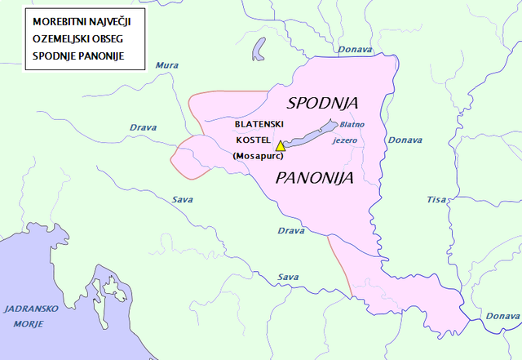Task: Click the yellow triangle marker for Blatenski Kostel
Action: click(281, 145)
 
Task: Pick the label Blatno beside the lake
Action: click(352, 125)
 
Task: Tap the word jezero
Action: click(346, 140)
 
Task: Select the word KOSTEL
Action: click(252, 140)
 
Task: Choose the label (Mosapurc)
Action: click(258, 154)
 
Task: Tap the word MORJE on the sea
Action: click(30, 323)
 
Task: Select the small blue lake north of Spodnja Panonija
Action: click(259, 47)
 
